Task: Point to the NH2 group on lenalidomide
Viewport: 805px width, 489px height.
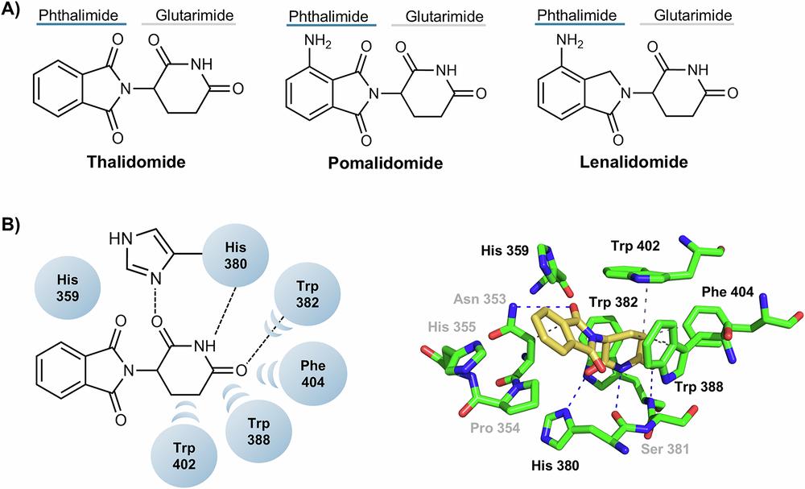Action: tap(550, 38)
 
